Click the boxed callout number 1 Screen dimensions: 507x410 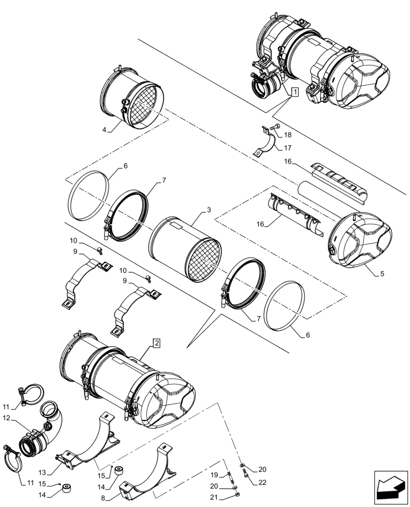coord(295,92)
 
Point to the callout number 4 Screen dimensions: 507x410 coord(104,130)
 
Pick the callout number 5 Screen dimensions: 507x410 coord(382,273)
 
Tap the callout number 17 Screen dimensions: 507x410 coord(288,148)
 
